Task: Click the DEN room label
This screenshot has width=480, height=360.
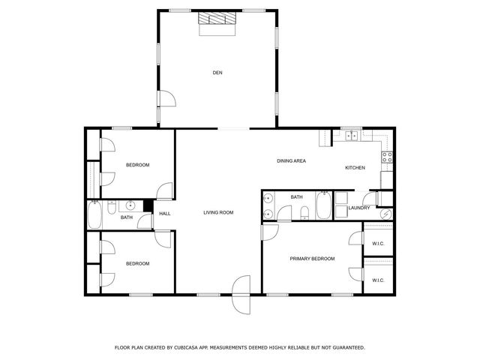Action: point(217,73)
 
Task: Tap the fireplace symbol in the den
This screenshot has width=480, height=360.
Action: point(217,22)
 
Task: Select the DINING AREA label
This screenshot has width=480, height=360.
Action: point(291,161)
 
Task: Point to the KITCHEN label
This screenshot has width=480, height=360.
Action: point(355,167)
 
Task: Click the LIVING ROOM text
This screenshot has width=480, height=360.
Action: point(218,213)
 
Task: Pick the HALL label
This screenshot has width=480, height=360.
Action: point(164,214)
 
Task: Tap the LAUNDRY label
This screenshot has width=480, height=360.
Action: point(358,208)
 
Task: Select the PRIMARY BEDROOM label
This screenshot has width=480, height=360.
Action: point(312,259)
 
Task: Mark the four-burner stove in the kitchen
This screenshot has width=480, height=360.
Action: point(387,157)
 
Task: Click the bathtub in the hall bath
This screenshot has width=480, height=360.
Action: point(95,216)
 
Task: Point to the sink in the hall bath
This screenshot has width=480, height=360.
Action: point(130,205)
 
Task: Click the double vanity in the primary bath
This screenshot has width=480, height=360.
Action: point(268,205)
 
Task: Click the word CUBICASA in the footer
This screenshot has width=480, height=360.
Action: point(188,348)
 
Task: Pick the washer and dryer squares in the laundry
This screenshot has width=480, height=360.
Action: point(340,199)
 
